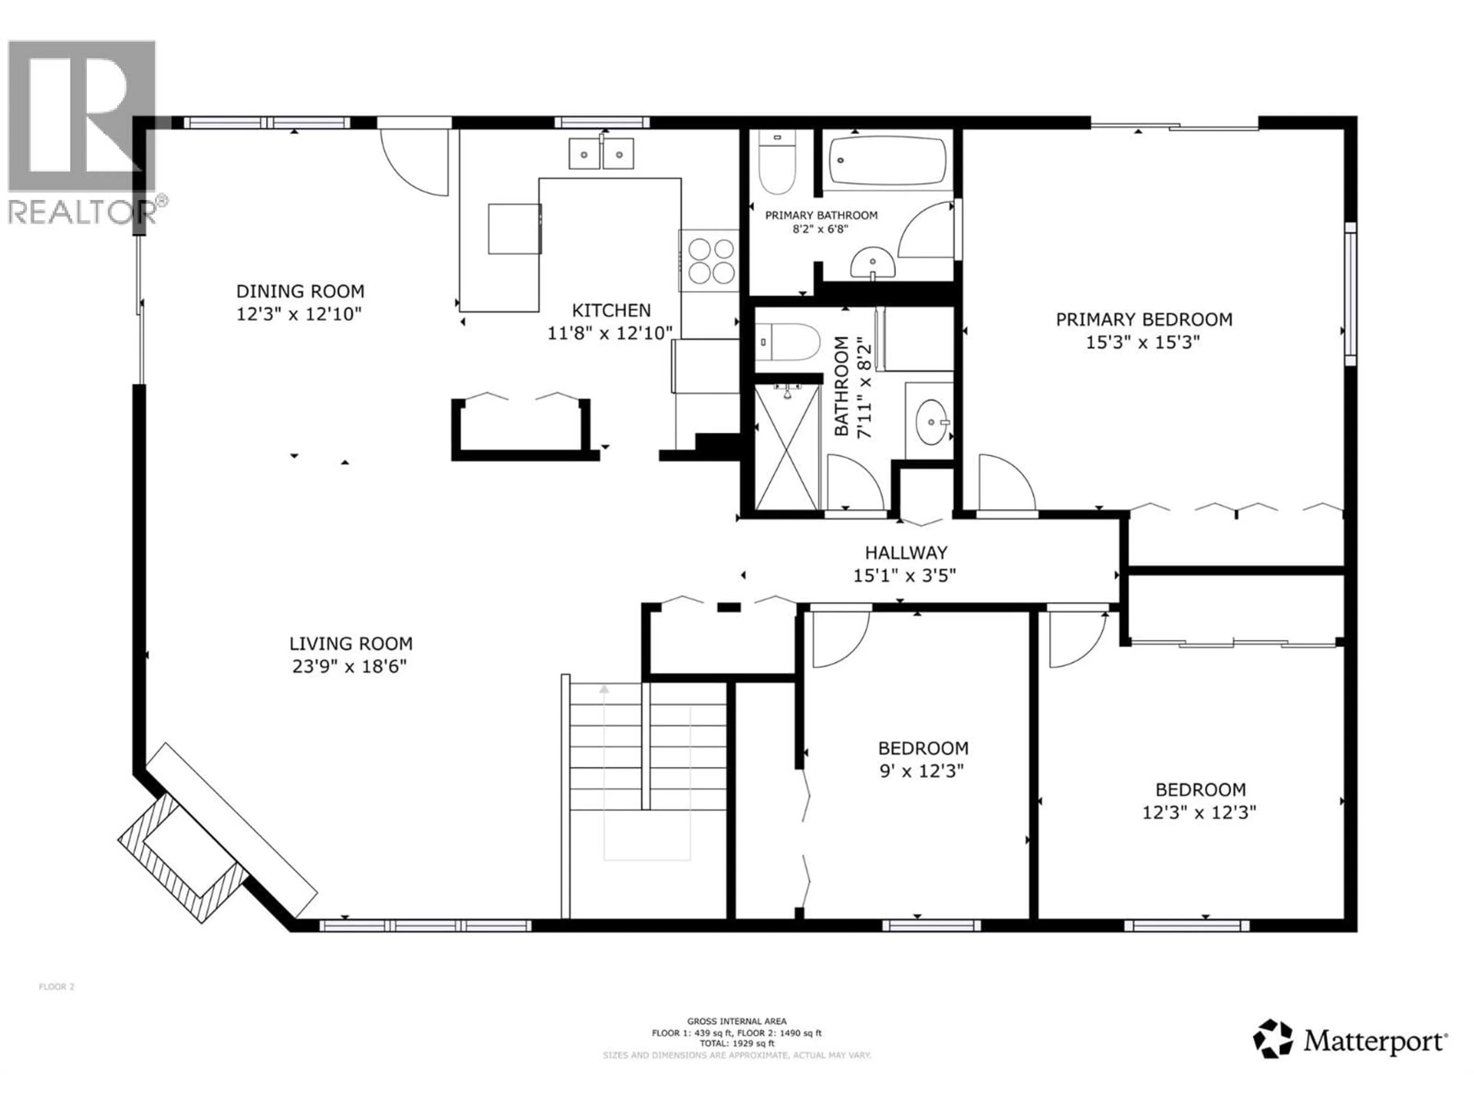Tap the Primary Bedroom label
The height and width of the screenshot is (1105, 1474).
1144,319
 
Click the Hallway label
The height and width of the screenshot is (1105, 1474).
906,552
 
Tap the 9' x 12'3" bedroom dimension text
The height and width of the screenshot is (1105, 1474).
922,771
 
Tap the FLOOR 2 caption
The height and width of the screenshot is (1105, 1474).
57,986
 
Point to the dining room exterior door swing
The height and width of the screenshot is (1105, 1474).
415,162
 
